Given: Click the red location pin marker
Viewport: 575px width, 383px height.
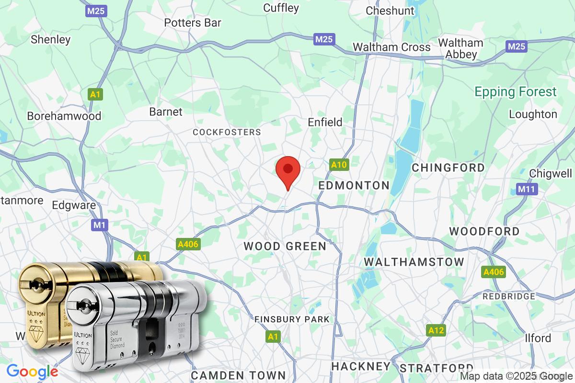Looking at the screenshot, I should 288,171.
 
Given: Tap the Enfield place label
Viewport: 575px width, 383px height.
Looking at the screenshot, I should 325,123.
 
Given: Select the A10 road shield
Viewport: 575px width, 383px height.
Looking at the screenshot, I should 339,165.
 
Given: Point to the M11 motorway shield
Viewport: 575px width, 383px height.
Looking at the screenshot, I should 527,189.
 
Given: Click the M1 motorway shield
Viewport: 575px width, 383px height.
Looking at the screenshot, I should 99,225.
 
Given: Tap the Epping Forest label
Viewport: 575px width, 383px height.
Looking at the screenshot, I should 516,91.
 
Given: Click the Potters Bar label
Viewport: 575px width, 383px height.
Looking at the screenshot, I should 193,23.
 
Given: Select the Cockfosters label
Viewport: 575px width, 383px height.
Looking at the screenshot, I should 227,132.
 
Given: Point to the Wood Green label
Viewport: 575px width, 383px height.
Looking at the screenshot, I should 285,246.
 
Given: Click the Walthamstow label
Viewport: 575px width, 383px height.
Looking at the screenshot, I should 414,262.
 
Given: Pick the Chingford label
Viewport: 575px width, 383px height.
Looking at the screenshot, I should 448,168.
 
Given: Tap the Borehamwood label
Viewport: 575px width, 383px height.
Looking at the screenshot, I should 64,116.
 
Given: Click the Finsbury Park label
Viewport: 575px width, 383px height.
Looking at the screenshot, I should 292,319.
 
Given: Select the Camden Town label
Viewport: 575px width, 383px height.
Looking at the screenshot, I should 238,375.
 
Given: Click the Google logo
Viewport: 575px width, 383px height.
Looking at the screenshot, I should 32,372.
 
